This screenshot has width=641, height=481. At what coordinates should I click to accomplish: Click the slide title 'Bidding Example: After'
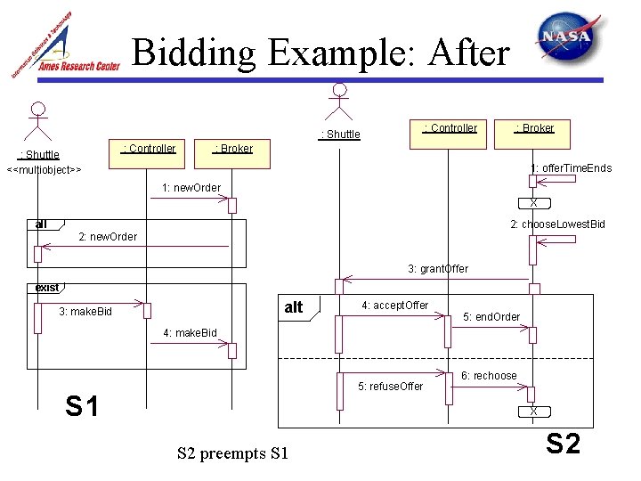point(320,53)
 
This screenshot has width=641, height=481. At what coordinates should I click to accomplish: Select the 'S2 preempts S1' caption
point(233,454)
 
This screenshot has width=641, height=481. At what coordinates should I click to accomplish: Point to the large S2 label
point(563,443)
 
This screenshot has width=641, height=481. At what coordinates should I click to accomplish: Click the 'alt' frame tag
point(294,307)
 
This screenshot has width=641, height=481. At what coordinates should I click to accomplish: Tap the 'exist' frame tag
point(46,287)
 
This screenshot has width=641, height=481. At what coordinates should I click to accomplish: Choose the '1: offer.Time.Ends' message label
point(572,168)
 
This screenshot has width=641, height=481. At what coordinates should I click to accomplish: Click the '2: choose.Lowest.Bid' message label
point(557,224)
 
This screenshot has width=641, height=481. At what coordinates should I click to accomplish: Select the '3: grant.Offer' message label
point(438,268)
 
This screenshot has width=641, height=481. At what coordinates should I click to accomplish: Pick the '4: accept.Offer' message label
point(394,306)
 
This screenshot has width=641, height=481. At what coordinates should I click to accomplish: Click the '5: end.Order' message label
point(492,317)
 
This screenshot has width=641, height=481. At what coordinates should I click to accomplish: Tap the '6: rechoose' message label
point(489,376)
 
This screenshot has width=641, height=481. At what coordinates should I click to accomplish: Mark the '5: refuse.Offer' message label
point(390,387)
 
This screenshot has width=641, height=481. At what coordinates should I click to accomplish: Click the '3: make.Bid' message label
point(87,312)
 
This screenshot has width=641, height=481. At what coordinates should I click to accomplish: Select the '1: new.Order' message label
point(191,187)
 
